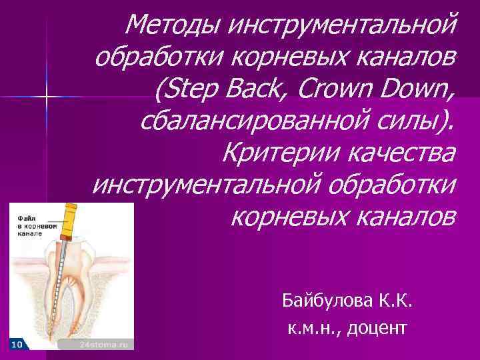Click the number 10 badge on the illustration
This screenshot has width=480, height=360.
(17, 344)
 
